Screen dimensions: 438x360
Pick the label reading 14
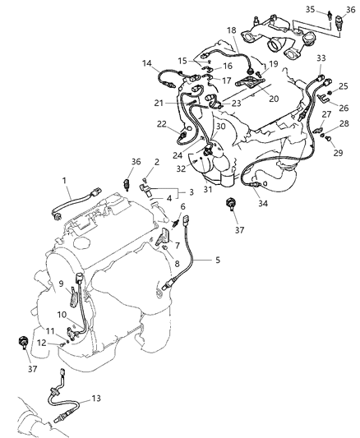(x=147, y=62)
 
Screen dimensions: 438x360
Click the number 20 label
(x=272, y=96)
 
